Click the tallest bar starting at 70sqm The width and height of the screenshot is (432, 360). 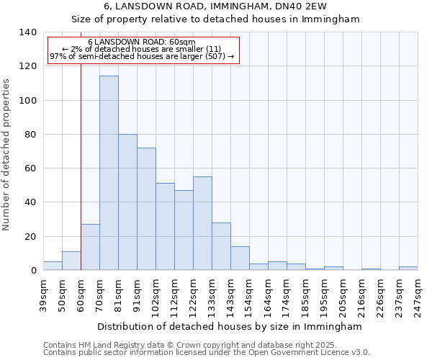pos(109,173)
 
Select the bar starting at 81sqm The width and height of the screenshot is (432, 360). pos(127,202)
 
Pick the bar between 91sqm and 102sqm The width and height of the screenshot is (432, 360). pos(146,209)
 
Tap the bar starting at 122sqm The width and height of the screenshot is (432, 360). pos(202,223)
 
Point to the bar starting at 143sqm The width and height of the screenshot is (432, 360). pos(240,258)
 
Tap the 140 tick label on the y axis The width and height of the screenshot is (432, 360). pos(28,32)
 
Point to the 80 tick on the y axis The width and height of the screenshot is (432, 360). pos(31,135)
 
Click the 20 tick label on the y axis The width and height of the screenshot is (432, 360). pos(31,237)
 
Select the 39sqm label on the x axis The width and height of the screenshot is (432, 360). pos(43,292)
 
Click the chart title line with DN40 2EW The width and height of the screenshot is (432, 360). pos(216,6)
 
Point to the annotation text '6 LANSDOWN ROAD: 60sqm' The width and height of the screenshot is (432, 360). pos(141,42)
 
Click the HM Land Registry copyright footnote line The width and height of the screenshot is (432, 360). pos(205,345)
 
